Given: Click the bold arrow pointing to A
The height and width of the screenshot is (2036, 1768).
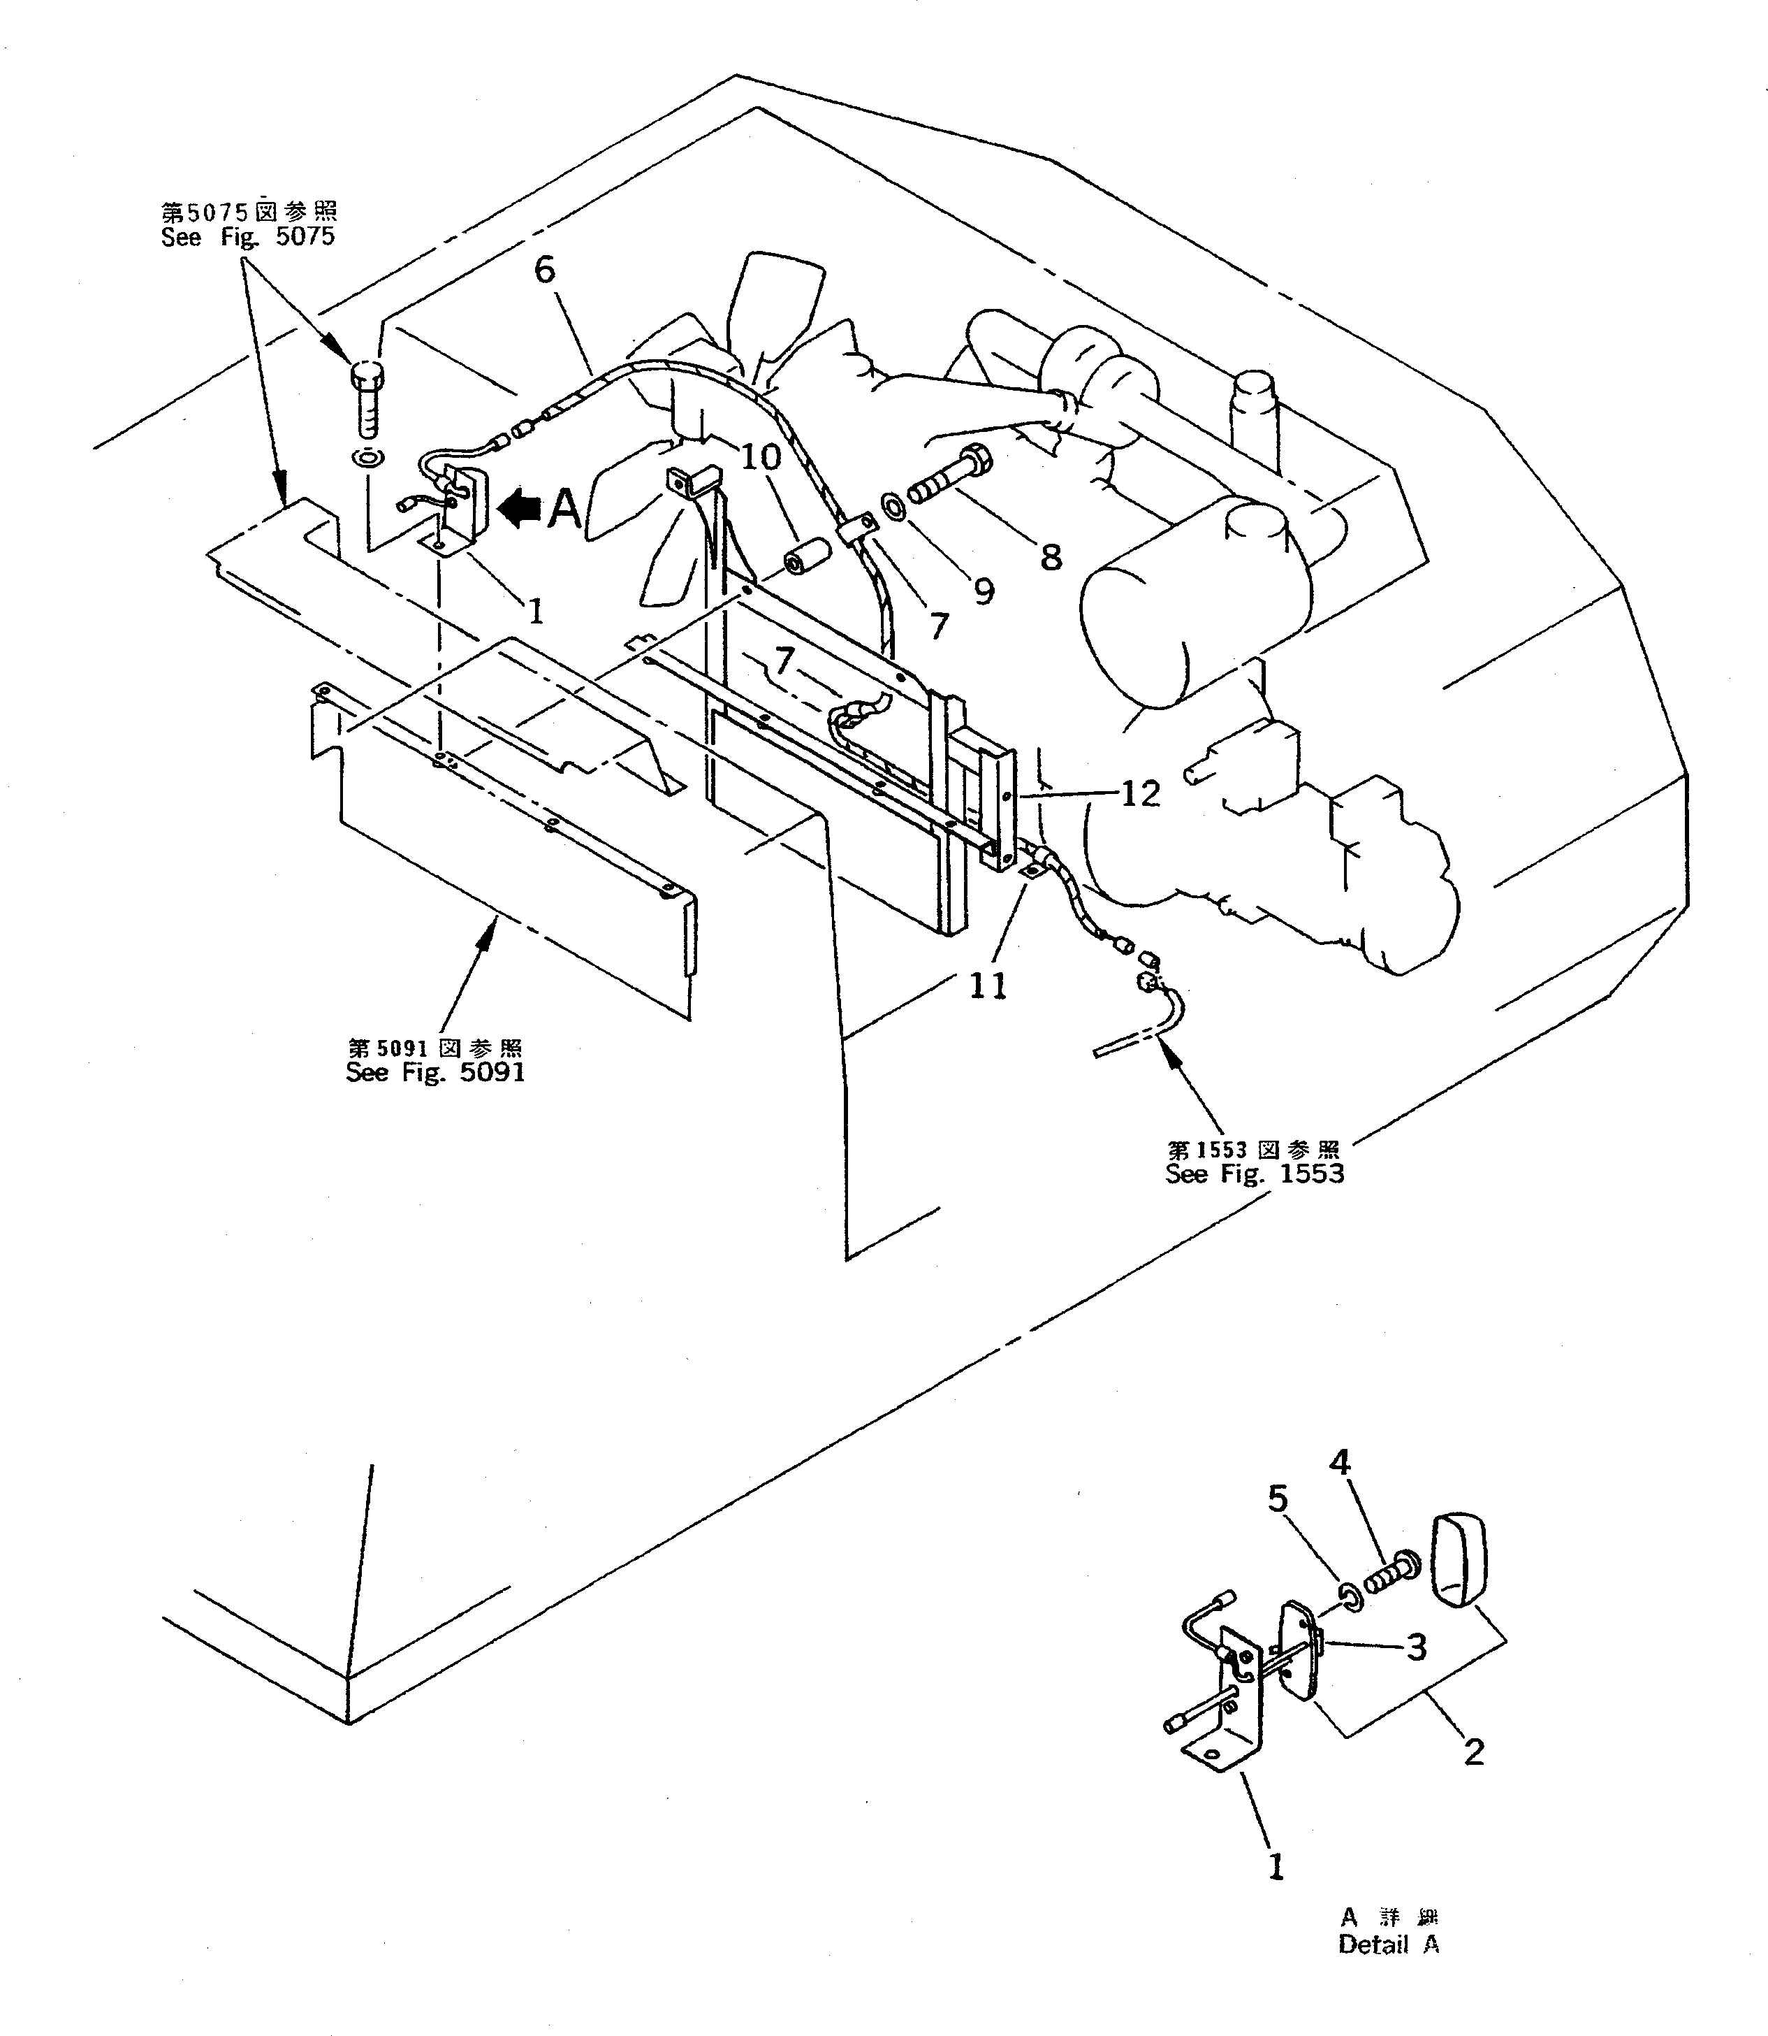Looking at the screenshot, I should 520,508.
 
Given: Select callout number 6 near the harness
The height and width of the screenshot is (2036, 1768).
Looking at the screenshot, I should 546,269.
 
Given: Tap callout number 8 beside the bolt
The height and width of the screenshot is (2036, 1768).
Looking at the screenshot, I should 1052,558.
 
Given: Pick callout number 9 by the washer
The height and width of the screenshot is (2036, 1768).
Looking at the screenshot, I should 984,591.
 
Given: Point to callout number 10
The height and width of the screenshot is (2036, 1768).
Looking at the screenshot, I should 761,457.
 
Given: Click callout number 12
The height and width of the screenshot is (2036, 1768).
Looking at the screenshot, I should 1141,793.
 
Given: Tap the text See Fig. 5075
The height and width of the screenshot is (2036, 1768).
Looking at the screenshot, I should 248,237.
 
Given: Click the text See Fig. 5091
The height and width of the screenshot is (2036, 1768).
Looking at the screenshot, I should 435,1073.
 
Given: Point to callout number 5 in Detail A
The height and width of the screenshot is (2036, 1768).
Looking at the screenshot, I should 1278,1499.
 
